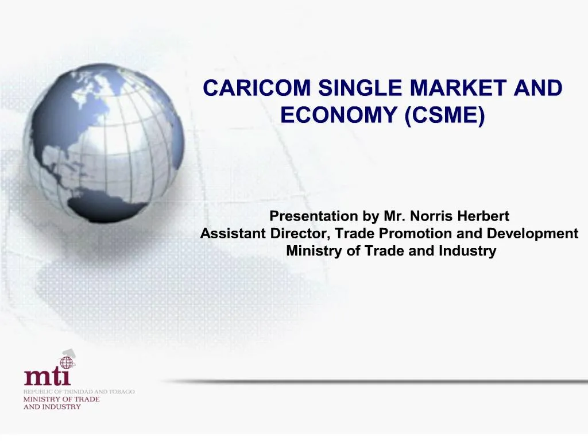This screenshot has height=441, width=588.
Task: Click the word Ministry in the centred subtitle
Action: [311, 251]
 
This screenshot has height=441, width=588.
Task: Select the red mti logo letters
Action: [47, 377]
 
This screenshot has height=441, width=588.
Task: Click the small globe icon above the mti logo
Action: [67, 362]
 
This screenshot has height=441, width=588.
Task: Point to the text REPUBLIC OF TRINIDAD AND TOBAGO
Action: [79, 392]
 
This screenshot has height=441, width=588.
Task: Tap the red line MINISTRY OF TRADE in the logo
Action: [61, 399]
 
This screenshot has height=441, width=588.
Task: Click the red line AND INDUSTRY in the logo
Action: [52, 407]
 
